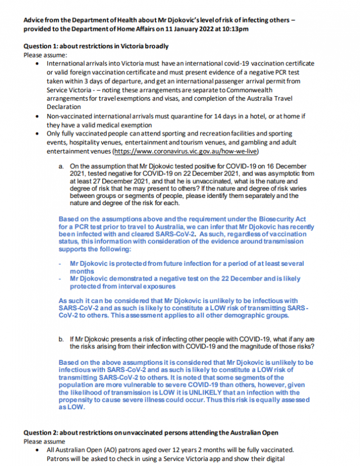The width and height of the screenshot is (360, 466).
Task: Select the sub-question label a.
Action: point(61,167)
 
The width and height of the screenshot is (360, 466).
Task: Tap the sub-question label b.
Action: point(61,339)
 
